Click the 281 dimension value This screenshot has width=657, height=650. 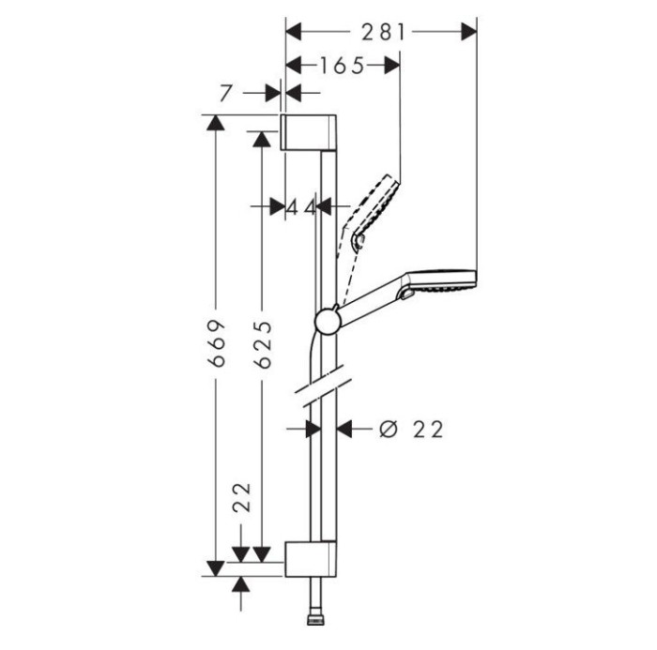point(383,32)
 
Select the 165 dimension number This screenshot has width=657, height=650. point(343,66)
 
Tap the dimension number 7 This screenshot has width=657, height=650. point(225,94)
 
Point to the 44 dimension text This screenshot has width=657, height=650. point(301,207)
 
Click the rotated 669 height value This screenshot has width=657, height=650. point(219,343)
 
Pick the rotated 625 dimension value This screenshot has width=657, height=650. point(264,344)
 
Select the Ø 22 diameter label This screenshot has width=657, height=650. point(411,430)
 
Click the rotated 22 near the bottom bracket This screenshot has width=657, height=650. point(242,497)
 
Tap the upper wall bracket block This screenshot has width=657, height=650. point(308,131)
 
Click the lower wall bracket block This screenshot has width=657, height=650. point(311,559)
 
